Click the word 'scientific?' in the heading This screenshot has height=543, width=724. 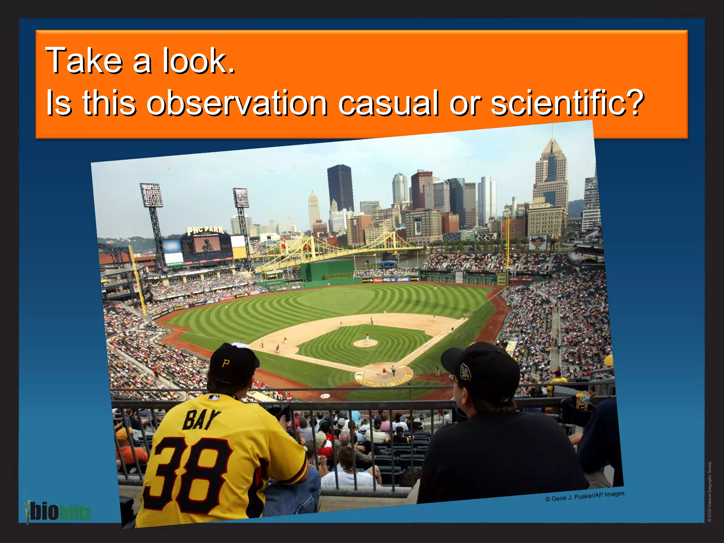(567, 103)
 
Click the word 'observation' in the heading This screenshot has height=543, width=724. (237, 103)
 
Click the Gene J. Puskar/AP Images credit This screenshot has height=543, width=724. (585, 496)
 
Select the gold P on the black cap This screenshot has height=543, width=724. (226, 363)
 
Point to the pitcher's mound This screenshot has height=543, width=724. (365, 343)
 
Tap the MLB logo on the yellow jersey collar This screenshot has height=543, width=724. (214, 397)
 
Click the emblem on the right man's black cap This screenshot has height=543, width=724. (465, 371)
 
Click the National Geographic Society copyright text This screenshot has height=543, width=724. (710, 491)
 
